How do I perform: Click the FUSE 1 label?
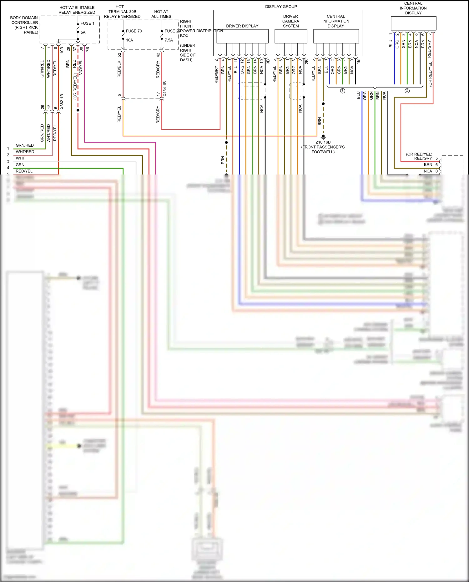(x=87, y=23)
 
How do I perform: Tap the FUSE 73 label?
(x=134, y=31)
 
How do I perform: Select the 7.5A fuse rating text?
(x=169, y=40)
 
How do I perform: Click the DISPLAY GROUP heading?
(x=281, y=7)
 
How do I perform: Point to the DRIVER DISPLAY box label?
(x=242, y=26)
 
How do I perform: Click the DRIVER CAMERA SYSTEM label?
(x=290, y=21)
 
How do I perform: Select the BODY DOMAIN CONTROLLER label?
(x=24, y=25)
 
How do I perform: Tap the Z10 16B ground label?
(x=323, y=142)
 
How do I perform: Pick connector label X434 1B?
(x=165, y=89)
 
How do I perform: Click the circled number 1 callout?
(x=342, y=91)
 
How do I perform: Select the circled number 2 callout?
(x=407, y=91)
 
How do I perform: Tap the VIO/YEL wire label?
(x=81, y=67)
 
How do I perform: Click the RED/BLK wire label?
(x=119, y=69)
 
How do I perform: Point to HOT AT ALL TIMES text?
(x=161, y=14)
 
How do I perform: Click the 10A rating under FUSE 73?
(x=129, y=40)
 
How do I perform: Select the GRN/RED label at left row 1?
(x=25, y=145)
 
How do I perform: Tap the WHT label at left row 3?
(x=20, y=158)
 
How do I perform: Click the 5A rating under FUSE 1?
(x=83, y=32)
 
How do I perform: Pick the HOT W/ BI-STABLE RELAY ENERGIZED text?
(x=77, y=10)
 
